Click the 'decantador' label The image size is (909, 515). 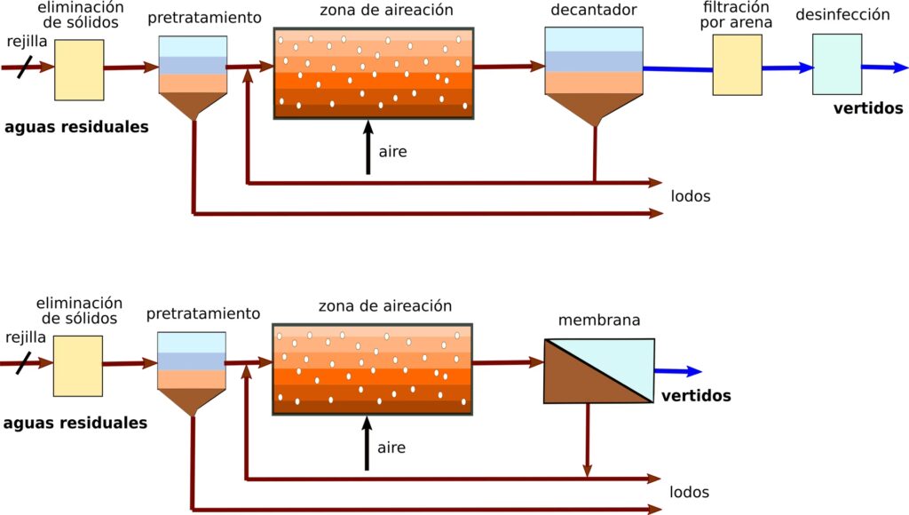coord(593,12)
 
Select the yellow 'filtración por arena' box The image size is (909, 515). coord(737,65)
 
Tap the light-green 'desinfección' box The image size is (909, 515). coord(836,64)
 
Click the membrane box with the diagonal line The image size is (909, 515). coord(598,371)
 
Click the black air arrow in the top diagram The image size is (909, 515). coord(368,147)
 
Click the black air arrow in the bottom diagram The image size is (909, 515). coord(367,444)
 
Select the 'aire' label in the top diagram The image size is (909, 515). coord(392,152)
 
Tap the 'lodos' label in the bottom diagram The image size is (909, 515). coord(690,492)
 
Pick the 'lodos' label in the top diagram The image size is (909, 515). coord(691,196)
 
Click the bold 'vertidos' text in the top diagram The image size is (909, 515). coord(867,109)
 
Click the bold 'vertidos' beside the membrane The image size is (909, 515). coord(695,396)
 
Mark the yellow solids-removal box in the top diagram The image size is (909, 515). coord(79,70)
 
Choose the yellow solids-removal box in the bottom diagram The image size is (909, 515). coord(77,366)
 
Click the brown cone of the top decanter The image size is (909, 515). coord(594,107)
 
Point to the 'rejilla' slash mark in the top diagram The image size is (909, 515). coord(24,66)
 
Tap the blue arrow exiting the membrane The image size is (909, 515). coord(679,372)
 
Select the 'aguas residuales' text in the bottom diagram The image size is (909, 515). coord(75,424)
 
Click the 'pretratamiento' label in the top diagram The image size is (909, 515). coord(204,18)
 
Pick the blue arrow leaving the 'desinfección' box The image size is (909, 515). coord(884,67)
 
